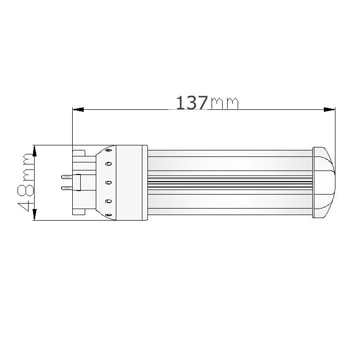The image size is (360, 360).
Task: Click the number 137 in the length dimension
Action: pyautogui.click(x=191, y=102)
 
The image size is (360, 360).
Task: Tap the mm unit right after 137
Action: pyautogui.click(x=225, y=103)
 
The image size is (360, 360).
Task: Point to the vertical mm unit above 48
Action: pyautogui.click(x=25, y=166)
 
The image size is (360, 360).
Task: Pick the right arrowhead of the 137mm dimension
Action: pyautogui.click(x=329, y=109)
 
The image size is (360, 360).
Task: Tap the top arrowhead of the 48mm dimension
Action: pyautogui.click(x=35, y=150)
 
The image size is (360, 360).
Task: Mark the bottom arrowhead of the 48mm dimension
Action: pyautogui.click(x=35, y=215)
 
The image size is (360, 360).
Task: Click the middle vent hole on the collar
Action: pyautogui.click(x=108, y=183)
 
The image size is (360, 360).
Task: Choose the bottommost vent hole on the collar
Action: pyautogui.click(x=109, y=216)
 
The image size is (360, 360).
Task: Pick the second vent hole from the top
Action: pyautogui.click(x=108, y=164)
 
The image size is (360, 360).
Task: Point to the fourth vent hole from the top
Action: pyautogui.click(x=108, y=201)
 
